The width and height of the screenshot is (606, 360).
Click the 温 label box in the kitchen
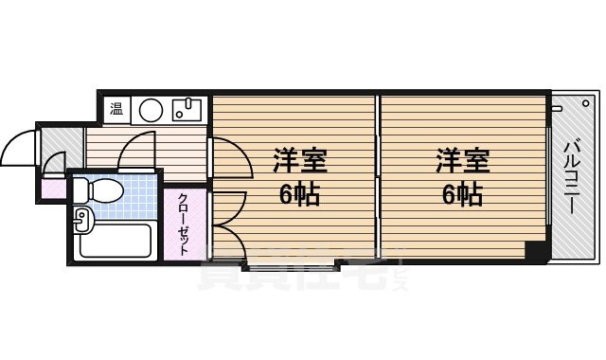point(116,109)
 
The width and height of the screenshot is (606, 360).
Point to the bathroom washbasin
point(80,221)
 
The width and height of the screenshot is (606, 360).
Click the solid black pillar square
point(537,251)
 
